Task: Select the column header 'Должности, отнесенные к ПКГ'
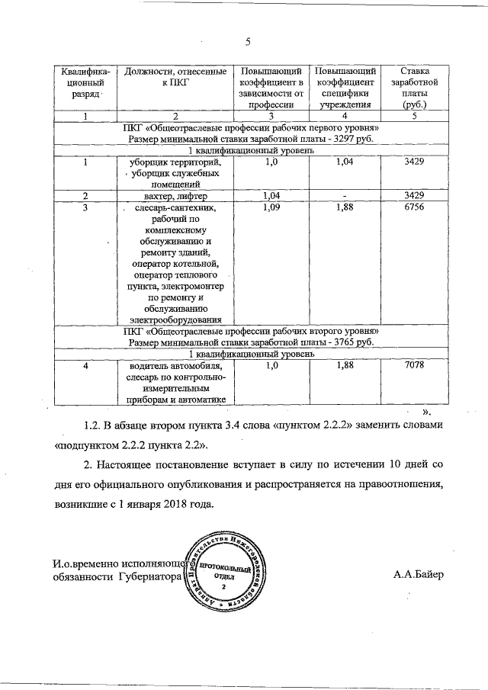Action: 175,77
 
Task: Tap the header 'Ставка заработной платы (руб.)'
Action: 413,88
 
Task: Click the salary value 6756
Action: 413,207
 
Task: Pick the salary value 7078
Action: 413,366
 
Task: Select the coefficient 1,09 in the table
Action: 271,207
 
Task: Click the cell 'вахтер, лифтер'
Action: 175,196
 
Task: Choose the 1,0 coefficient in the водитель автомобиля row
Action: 271,366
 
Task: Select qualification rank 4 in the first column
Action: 85,366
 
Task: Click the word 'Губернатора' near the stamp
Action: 150,578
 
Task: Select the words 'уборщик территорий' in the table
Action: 176,162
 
